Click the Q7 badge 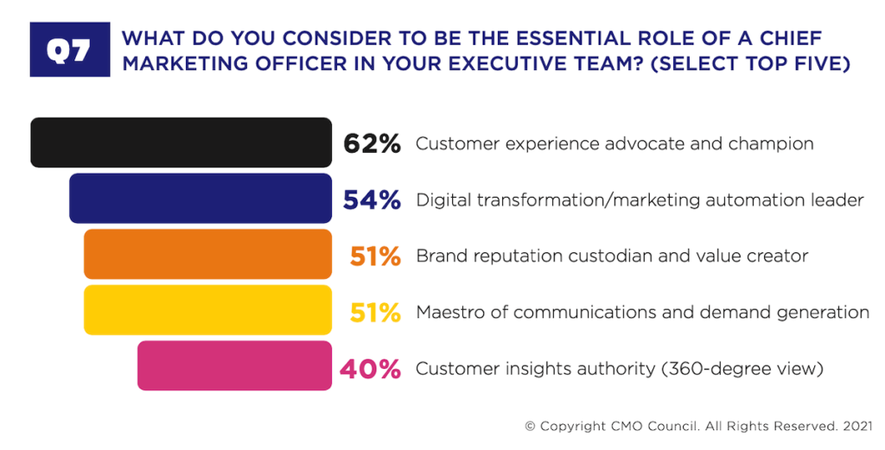pos(68,51)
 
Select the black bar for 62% pos(181,143)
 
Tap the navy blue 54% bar pos(201,199)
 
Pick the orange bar pos(207,254)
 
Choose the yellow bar pos(207,309)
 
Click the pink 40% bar pos(234,365)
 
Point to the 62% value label pos(372,144)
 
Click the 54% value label pos(372,200)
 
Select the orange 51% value pos(375,257)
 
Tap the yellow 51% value pos(375,313)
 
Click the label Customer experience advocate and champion pos(614,144)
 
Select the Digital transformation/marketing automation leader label pos(640,200)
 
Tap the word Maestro pos(449,312)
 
